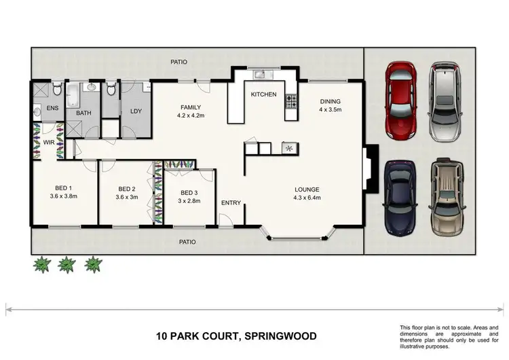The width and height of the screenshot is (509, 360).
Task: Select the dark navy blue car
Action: [x=398, y=198]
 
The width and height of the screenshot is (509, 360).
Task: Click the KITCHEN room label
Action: [x=263, y=94]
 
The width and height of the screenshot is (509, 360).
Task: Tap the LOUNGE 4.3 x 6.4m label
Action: [x=307, y=194]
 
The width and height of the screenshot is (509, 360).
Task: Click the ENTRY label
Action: [x=231, y=203]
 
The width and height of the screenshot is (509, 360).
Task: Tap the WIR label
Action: [x=49, y=143]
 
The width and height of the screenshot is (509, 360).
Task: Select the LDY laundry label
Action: [x=135, y=111]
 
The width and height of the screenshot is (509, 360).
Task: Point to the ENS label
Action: [x=52, y=108]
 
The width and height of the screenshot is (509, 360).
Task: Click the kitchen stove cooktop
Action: [x=292, y=102]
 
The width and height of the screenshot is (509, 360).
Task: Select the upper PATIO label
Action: [x=178, y=62]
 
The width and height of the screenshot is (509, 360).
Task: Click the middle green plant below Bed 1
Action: [x=67, y=264]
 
